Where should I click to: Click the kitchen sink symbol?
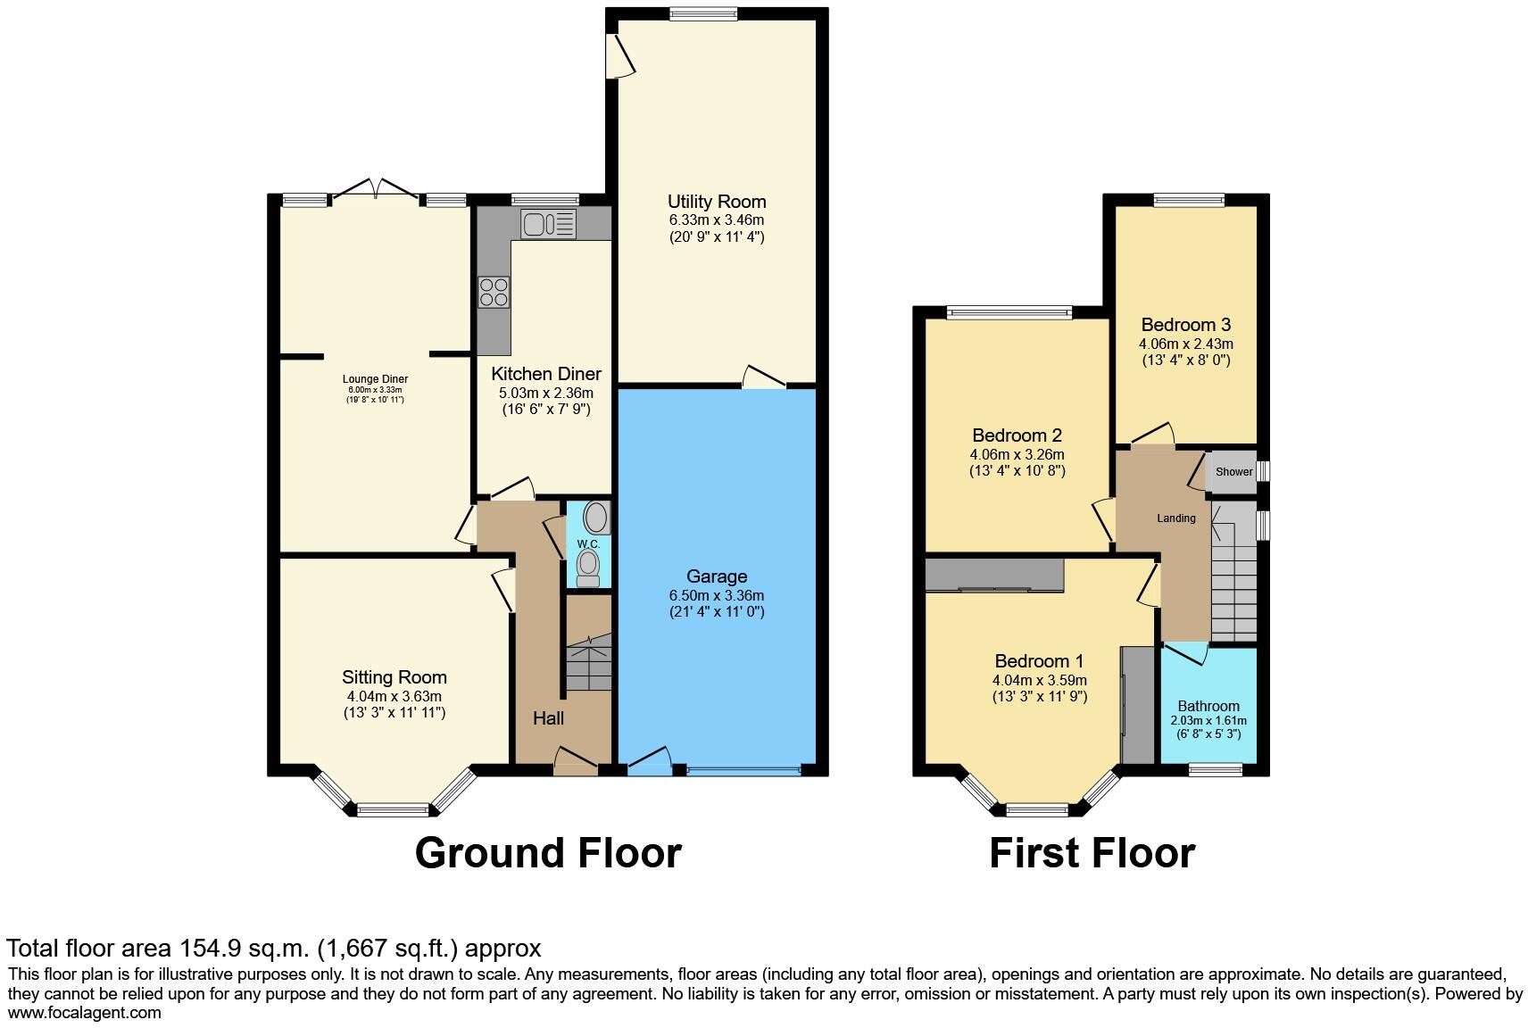pos(549,223)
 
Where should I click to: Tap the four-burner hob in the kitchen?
pos(494,293)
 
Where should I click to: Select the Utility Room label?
pos(717,202)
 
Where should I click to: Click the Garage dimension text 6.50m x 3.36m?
pos(717,595)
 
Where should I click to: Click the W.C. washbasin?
pos(595,518)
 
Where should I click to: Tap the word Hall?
pos(549,717)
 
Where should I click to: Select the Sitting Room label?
pos(394,677)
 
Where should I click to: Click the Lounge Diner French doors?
pos(376,190)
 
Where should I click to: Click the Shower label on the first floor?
pos(1233,472)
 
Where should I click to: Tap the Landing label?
pos(1175,518)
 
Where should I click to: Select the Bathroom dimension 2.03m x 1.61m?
pos(1208,721)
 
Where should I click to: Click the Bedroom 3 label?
pos(1185,325)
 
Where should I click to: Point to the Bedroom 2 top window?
pos(1009,312)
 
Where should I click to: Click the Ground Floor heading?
pos(548,853)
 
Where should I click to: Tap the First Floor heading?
pos(1092,853)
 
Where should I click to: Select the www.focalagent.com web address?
pos(85,1012)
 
